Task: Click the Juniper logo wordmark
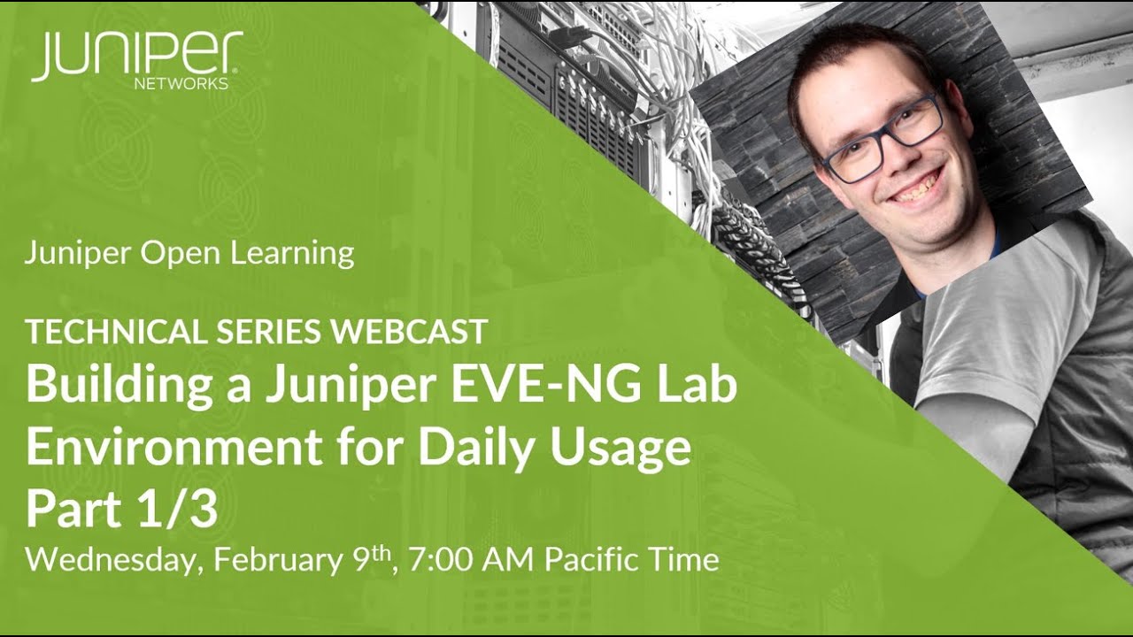tap(137, 55)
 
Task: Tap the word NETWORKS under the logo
tap(181, 84)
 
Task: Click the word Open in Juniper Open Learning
tap(182, 254)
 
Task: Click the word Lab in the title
tap(698, 387)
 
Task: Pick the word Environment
tap(173, 448)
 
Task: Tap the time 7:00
tap(440, 560)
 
